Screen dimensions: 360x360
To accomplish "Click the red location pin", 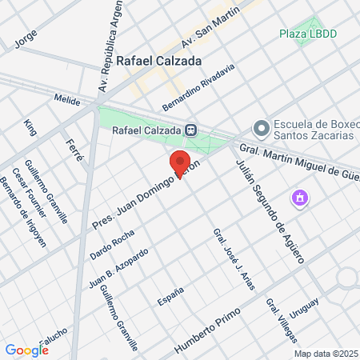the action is (x=180, y=162).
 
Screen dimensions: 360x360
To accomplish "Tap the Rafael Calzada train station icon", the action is (x=190, y=130).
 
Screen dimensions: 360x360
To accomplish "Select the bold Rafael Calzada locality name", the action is (x=157, y=59).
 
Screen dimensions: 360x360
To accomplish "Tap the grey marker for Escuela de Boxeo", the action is (x=261, y=129).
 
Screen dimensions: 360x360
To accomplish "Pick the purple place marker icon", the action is (x=300, y=197).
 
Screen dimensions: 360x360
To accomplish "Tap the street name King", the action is (x=30, y=127).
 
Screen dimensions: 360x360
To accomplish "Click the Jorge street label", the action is (x=26, y=38).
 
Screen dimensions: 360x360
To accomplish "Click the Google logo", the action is (x=26, y=350).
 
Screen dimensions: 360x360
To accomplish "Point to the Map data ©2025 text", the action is (x=325, y=354).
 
